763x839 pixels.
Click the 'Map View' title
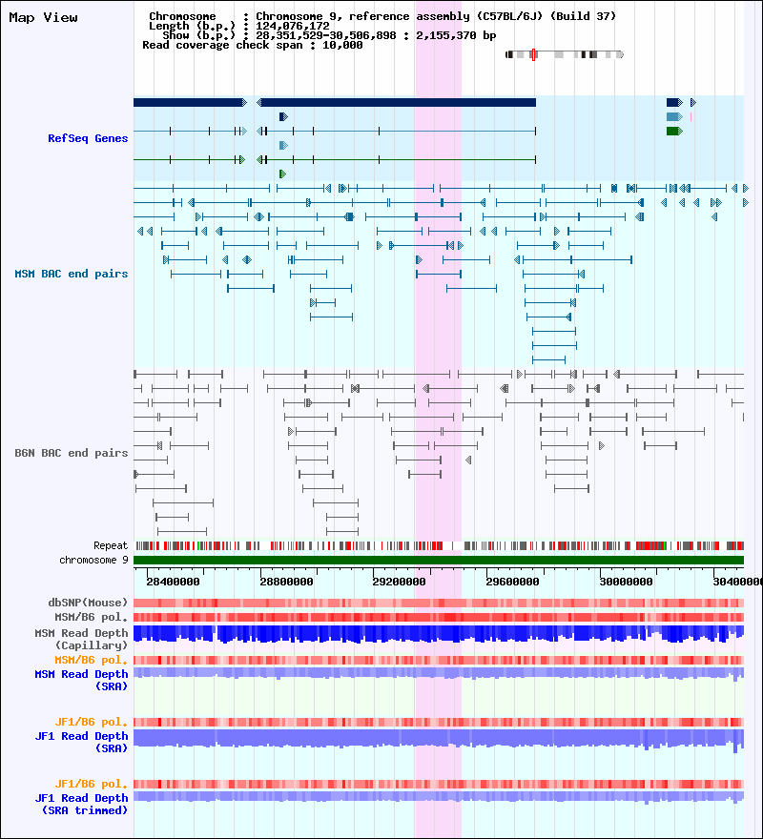(x=43, y=17)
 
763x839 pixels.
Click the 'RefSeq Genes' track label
(x=88, y=138)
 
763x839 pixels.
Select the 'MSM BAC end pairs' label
(x=72, y=274)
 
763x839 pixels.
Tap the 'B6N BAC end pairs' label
(x=72, y=453)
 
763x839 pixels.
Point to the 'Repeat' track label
(x=111, y=545)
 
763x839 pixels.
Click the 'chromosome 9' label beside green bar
(x=93, y=560)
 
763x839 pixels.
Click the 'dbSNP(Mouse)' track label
(x=88, y=603)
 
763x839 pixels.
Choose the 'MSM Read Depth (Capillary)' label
(x=81, y=639)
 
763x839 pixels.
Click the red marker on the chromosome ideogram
(x=533, y=54)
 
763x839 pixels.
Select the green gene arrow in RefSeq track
(x=674, y=131)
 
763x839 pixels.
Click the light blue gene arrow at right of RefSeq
(x=674, y=116)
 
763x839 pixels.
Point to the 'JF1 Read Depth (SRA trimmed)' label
(x=81, y=804)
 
